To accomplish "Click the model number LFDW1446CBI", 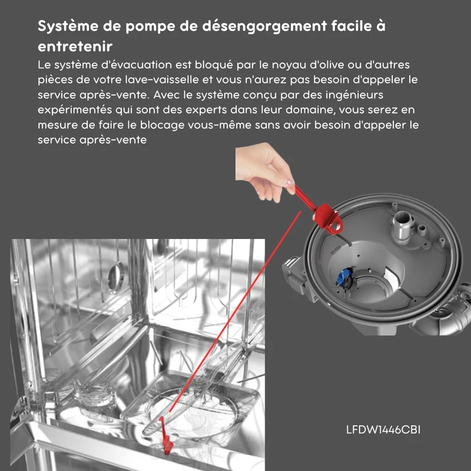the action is [383, 430].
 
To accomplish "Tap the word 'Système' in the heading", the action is [68, 26].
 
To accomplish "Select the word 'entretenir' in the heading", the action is [75, 47].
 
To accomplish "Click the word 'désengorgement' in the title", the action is [264, 26].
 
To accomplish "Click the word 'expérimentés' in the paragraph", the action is [75, 110].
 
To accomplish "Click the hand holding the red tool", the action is [264, 172].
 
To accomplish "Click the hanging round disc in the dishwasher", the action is [116, 276].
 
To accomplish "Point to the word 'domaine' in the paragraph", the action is [310, 110].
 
